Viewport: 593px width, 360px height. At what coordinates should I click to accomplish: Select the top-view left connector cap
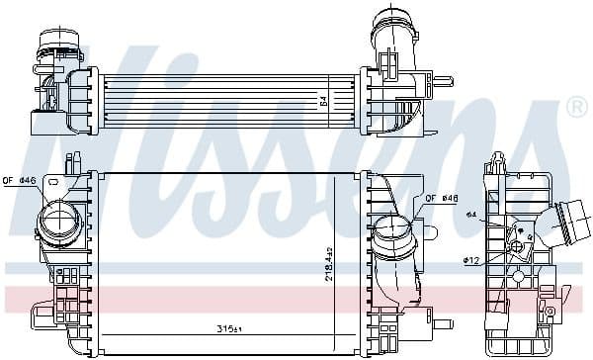click(53, 44)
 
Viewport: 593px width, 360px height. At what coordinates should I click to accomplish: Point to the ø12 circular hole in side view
click(515, 243)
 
